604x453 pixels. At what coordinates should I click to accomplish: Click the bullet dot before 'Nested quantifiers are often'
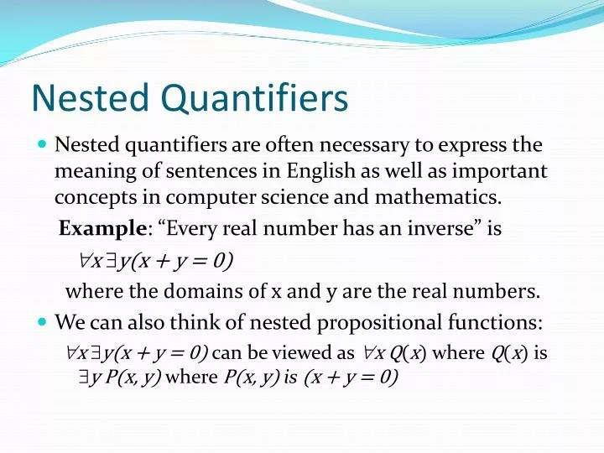point(43,145)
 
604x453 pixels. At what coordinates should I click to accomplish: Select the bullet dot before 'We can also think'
point(43,322)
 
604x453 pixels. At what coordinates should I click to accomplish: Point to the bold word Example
point(103,228)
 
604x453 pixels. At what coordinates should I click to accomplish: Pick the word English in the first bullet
point(321,171)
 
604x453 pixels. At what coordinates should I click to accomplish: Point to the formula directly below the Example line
point(150,261)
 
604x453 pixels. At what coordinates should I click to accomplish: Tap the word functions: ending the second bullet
point(500,322)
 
